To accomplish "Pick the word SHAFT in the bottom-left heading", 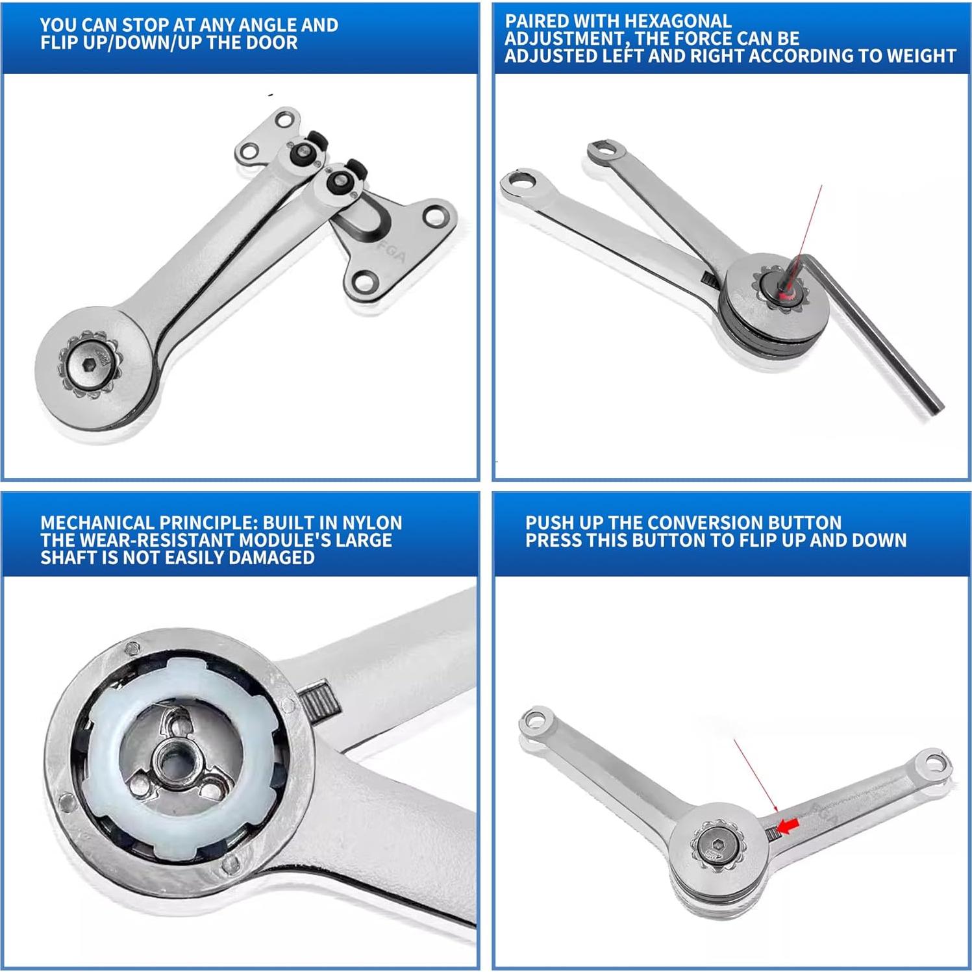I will click(x=66, y=558).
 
